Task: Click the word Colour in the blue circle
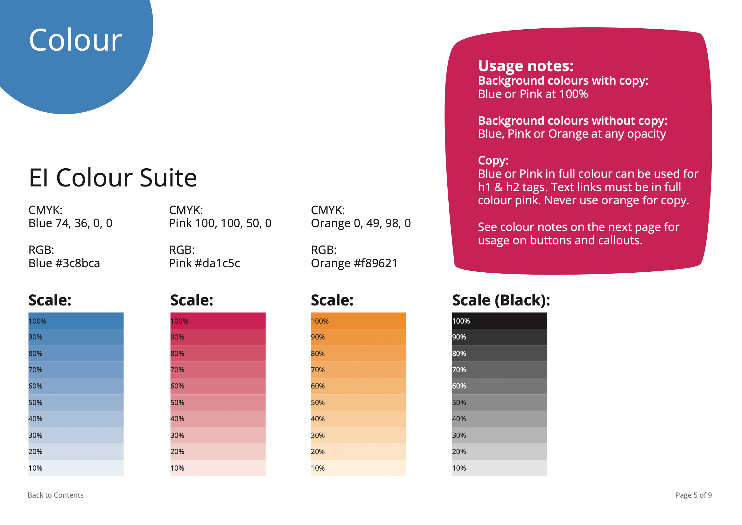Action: coord(75,40)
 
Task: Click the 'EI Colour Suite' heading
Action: coord(113,178)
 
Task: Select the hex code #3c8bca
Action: coord(78,263)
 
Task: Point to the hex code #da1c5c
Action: coord(218,263)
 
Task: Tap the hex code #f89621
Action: coord(376,263)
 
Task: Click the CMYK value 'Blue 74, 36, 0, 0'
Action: coord(71,223)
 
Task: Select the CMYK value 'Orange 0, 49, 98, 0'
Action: coord(361,223)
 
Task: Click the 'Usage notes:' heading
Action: coord(526,66)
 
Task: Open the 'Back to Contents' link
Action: coord(56,495)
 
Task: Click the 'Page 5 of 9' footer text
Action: coord(694,495)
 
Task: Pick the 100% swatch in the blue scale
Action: coord(76,321)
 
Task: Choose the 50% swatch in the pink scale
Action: coord(218,402)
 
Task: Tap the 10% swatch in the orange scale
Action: coord(358,468)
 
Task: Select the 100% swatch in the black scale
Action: coord(500,321)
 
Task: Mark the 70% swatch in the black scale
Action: coord(500,370)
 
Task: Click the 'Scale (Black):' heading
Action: coord(501,300)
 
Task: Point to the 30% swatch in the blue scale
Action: coord(76,435)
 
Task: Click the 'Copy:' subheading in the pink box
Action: coord(493,161)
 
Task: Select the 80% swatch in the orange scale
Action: coord(358,353)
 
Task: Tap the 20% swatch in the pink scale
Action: coord(218,451)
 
